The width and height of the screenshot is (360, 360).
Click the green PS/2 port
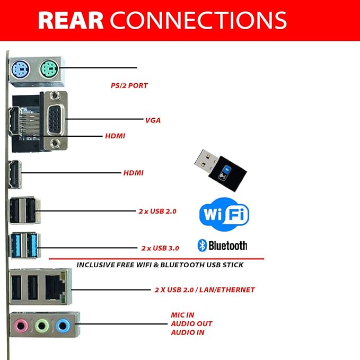pos(48,68)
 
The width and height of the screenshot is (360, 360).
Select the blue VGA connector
pos(55,119)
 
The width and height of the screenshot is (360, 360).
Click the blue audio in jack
pos(64,324)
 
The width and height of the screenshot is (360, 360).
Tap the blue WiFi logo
pos(224,214)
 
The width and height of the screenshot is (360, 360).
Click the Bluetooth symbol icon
pos(202,245)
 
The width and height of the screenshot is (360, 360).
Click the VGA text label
pos(153,120)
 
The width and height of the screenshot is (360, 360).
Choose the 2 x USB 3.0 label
pos(160,248)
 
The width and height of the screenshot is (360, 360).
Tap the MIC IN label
pos(182,315)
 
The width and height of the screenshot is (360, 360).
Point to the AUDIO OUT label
pos(191,323)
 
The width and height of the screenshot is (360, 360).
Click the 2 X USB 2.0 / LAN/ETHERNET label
pos(205,290)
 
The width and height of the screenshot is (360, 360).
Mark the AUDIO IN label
pos(188,332)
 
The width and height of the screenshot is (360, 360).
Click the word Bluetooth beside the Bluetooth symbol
pos(228,245)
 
